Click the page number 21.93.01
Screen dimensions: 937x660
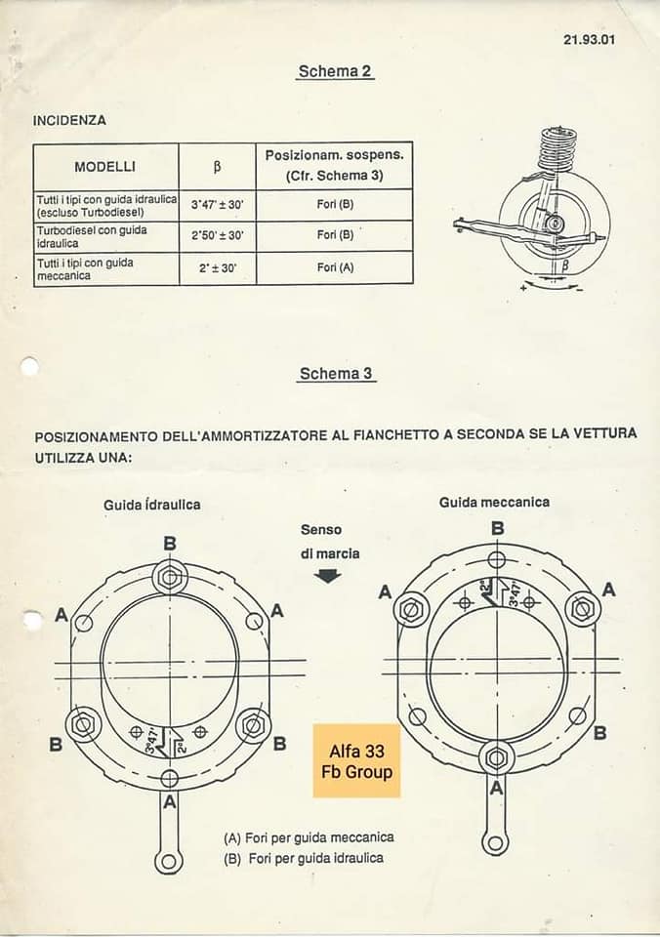(x=589, y=40)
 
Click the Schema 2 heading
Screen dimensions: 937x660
(x=335, y=71)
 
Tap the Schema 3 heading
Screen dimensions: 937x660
(x=335, y=373)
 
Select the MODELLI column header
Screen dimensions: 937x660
(x=105, y=166)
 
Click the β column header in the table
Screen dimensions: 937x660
(x=217, y=166)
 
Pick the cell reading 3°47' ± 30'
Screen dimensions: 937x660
(x=217, y=205)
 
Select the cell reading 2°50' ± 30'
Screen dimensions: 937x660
(x=217, y=235)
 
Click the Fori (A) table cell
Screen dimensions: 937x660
(x=334, y=267)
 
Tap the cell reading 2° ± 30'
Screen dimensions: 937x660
(x=217, y=267)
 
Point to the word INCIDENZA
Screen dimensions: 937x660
(x=69, y=121)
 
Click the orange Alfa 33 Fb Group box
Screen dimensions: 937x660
(x=356, y=761)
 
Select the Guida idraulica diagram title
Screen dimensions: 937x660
(x=152, y=505)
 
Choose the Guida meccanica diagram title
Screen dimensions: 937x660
(x=494, y=502)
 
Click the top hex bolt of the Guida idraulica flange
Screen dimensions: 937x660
(x=170, y=578)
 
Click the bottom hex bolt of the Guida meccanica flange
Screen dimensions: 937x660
(x=496, y=756)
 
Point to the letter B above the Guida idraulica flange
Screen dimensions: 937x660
(x=170, y=543)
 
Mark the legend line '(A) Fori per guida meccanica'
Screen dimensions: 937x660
(x=309, y=837)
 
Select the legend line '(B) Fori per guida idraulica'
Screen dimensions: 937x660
(x=303, y=858)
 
